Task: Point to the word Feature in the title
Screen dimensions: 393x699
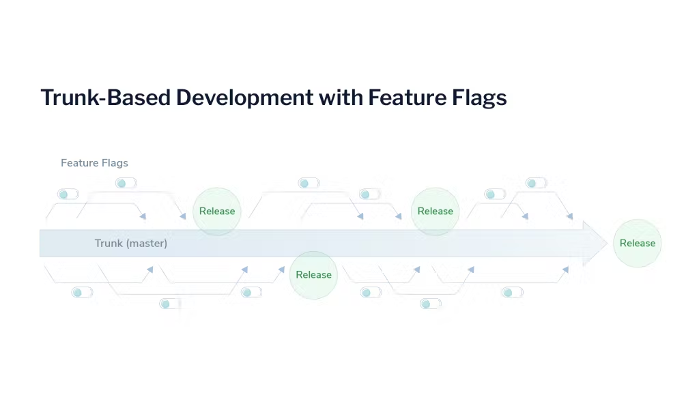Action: click(407, 98)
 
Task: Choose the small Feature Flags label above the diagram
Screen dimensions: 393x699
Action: click(94, 163)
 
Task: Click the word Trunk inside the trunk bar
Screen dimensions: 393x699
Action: click(109, 243)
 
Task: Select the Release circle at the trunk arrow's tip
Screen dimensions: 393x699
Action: click(637, 243)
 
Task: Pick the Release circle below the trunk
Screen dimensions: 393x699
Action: click(313, 275)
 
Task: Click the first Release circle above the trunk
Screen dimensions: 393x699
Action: click(217, 212)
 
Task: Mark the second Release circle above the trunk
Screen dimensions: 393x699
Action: click(435, 212)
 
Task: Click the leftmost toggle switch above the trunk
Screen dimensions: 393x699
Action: click(68, 194)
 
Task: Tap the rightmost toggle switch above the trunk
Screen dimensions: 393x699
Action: click(536, 183)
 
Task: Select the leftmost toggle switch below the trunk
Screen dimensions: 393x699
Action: click(81, 293)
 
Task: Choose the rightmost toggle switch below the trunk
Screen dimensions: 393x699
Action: click(512, 293)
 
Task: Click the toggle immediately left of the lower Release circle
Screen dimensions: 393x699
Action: click(251, 293)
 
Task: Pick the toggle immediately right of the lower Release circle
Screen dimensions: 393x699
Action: click(371, 293)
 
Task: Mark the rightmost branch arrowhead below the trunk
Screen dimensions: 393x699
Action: click(565, 270)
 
